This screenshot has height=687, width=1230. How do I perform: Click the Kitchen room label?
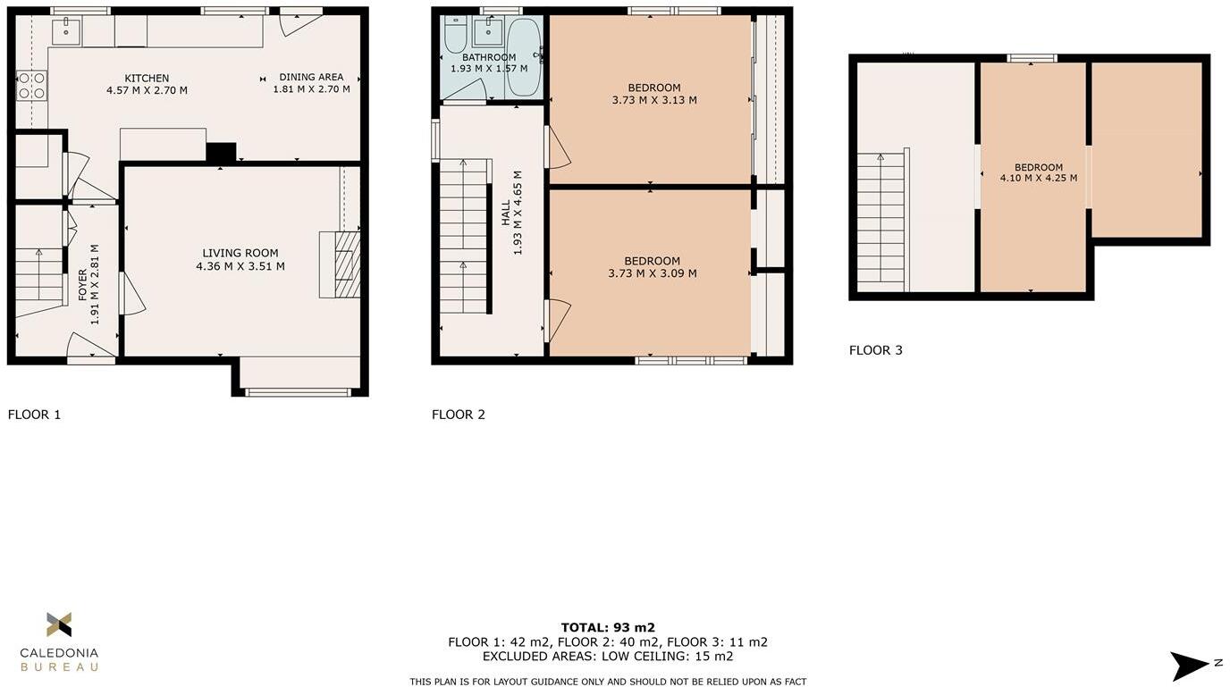(147, 79)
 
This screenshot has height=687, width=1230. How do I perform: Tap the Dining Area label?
(311, 77)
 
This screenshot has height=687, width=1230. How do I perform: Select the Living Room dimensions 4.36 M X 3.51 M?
(240, 266)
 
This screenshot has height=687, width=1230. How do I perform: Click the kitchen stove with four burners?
(31, 86)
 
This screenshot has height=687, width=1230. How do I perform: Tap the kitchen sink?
(65, 32)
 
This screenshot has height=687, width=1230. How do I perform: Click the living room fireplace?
(341, 265)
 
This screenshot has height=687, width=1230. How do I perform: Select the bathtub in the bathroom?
(523, 58)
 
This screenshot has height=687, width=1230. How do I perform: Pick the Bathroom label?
(489, 57)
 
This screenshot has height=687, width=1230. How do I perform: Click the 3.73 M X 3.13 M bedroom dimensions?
(653, 100)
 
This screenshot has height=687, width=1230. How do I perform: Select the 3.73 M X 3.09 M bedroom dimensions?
(652, 273)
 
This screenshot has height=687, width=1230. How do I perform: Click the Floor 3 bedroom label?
(1038, 167)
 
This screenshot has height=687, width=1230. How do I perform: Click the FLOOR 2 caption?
(458, 415)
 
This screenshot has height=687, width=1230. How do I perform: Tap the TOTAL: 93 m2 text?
(608, 627)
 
